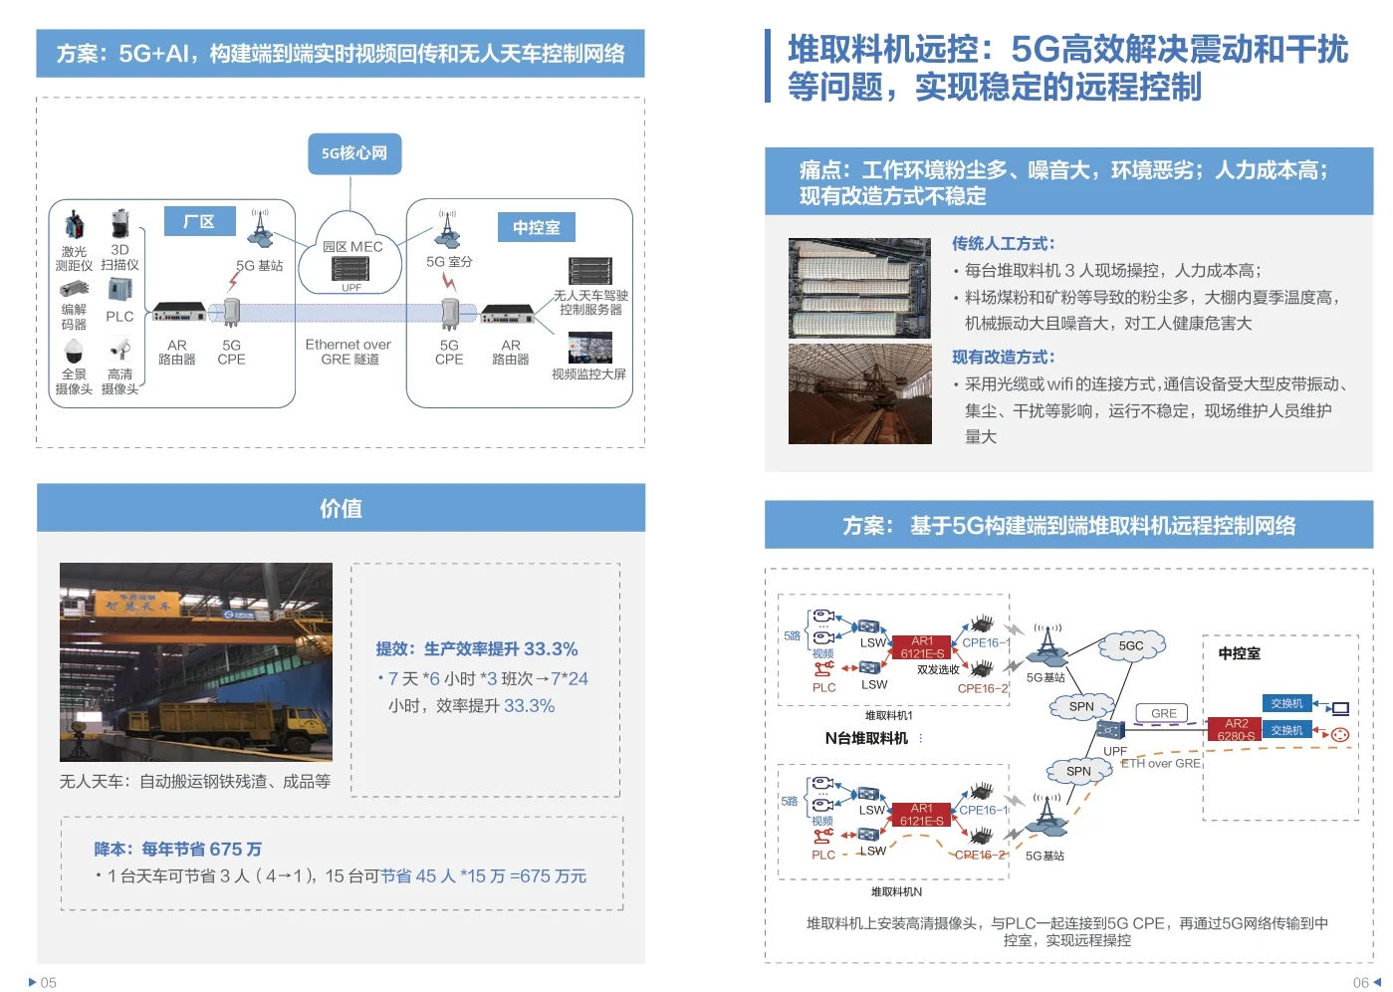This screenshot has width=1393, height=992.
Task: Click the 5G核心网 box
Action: (354, 153)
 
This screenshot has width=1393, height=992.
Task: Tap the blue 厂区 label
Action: (199, 221)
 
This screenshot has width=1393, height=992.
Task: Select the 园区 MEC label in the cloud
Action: (352, 246)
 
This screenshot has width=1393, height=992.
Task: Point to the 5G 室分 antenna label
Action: (449, 262)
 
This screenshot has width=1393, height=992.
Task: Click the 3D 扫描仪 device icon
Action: (120, 224)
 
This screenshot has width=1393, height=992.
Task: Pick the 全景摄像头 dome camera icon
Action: (74, 352)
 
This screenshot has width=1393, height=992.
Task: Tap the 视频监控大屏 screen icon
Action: (589, 348)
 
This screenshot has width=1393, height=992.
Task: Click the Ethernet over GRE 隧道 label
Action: (348, 352)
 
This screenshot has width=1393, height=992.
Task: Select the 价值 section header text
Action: (341, 508)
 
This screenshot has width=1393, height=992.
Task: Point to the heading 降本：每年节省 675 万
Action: (178, 850)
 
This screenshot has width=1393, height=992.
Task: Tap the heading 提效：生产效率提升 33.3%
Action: (477, 649)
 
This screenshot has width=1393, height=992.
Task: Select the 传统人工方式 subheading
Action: (1004, 243)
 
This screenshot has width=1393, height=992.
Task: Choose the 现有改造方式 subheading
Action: (1004, 357)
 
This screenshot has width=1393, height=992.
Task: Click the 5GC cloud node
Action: (1132, 645)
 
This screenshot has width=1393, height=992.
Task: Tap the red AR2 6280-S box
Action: (1237, 729)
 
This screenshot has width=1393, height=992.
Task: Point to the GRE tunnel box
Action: (1164, 713)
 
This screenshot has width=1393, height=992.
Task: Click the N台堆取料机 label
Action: (866, 738)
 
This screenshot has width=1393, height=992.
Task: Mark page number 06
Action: (1361, 982)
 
